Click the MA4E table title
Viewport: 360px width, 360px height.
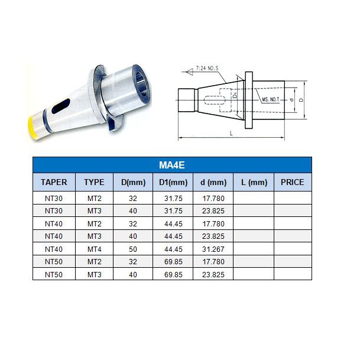(x=172, y=165)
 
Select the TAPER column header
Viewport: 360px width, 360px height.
(x=53, y=182)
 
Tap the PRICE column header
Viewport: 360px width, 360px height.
(x=292, y=182)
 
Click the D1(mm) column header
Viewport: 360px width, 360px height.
(x=173, y=182)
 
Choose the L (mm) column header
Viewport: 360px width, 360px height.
(x=253, y=182)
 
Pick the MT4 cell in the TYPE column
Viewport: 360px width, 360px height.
(x=94, y=249)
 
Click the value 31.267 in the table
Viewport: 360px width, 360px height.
(x=213, y=249)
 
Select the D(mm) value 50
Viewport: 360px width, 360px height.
(x=133, y=249)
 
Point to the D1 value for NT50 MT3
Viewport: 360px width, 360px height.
(x=173, y=275)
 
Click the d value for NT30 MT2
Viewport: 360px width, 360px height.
(x=213, y=197)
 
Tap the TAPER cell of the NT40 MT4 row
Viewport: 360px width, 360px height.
(x=53, y=249)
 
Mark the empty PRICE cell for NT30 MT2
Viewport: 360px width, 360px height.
(x=292, y=197)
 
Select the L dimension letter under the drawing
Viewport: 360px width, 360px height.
(x=231, y=135)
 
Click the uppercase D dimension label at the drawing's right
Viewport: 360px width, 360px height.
(x=301, y=100)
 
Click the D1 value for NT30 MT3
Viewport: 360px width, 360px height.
(x=173, y=210)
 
